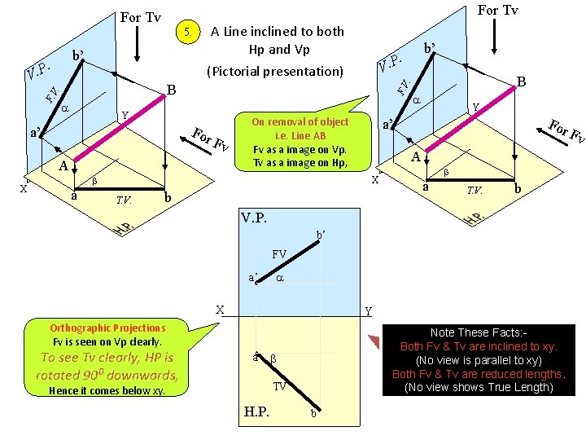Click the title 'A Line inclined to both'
tap(277, 31)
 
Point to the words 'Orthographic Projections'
tap(107, 328)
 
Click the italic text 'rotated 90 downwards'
tap(107, 375)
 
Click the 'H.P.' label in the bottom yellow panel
tap(260, 411)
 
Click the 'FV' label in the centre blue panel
tap(279, 254)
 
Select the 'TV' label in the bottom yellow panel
tap(279, 386)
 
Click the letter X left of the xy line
tap(220, 310)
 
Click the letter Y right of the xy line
tap(369, 311)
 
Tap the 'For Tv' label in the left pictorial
tap(141, 17)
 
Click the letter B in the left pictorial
tap(171, 89)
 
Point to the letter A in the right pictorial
tap(414, 157)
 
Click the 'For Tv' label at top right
tap(497, 10)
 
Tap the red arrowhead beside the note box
tap(374, 341)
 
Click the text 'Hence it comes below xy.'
tap(107, 390)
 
